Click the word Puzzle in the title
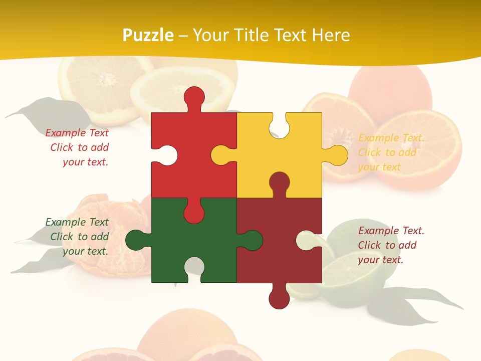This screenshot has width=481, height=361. coord(148,35)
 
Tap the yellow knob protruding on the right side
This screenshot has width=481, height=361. coord(337,155)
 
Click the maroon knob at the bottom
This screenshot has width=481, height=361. coord(279,298)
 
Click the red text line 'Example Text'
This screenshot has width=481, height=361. coord(77,133)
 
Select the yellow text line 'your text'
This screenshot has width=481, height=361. coord(379,167)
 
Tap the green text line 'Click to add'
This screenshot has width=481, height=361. coord(79,237)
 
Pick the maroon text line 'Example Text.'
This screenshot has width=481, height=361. coord(391,231)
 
